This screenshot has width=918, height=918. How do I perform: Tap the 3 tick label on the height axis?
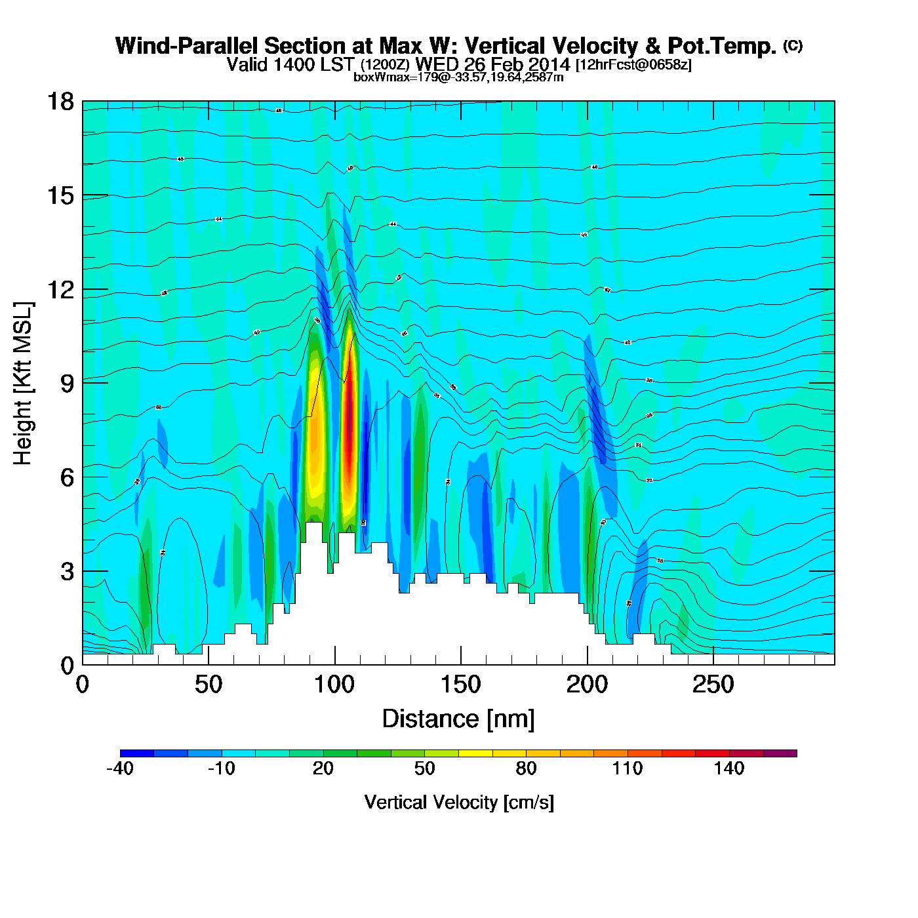click(x=67, y=571)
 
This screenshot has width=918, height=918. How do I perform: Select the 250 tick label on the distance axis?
click(x=713, y=685)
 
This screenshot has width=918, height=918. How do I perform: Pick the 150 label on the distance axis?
click(x=460, y=685)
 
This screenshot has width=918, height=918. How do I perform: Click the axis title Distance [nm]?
click(x=458, y=719)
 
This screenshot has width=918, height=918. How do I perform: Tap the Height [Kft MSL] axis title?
click(x=23, y=384)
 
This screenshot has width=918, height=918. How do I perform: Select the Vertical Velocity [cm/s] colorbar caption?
click(x=459, y=802)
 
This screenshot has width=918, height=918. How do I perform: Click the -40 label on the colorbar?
click(x=120, y=768)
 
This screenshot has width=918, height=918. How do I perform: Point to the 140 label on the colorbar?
click(x=729, y=768)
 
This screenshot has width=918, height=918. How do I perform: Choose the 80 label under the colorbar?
click(x=526, y=768)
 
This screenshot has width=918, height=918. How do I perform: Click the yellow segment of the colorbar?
click(x=475, y=753)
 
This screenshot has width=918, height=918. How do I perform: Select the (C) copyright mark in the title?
click(x=793, y=45)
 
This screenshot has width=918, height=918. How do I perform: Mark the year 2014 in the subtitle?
click(x=549, y=65)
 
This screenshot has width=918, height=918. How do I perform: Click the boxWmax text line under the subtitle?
click(x=458, y=77)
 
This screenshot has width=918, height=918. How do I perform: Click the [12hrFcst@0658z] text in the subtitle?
click(x=633, y=65)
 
